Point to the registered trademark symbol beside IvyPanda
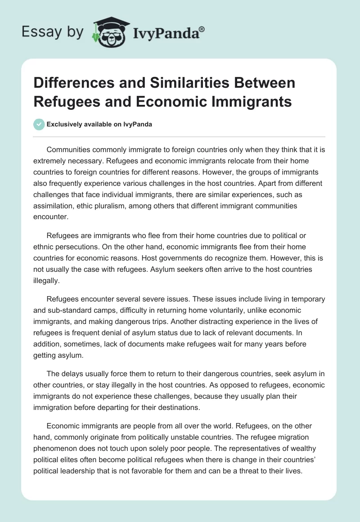pyautogui.click(x=202, y=29)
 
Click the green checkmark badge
pyautogui.click(x=39, y=124)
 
